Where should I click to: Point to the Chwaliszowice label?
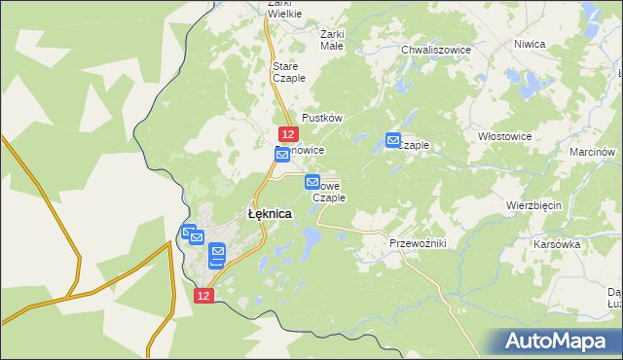click(435, 49)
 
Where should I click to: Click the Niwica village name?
click(530, 44)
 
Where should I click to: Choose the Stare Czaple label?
click(289, 71)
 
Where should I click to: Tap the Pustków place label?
click(323, 117)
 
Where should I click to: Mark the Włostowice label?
click(504, 137)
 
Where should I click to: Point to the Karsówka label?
click(557, 244)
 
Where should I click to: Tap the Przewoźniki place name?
click(417, 243)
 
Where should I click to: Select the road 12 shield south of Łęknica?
click(202, 295)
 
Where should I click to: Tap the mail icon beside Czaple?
click(394, 140)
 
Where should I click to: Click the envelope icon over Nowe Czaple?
click(312, 182)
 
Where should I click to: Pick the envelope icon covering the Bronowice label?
click(281, 155)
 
